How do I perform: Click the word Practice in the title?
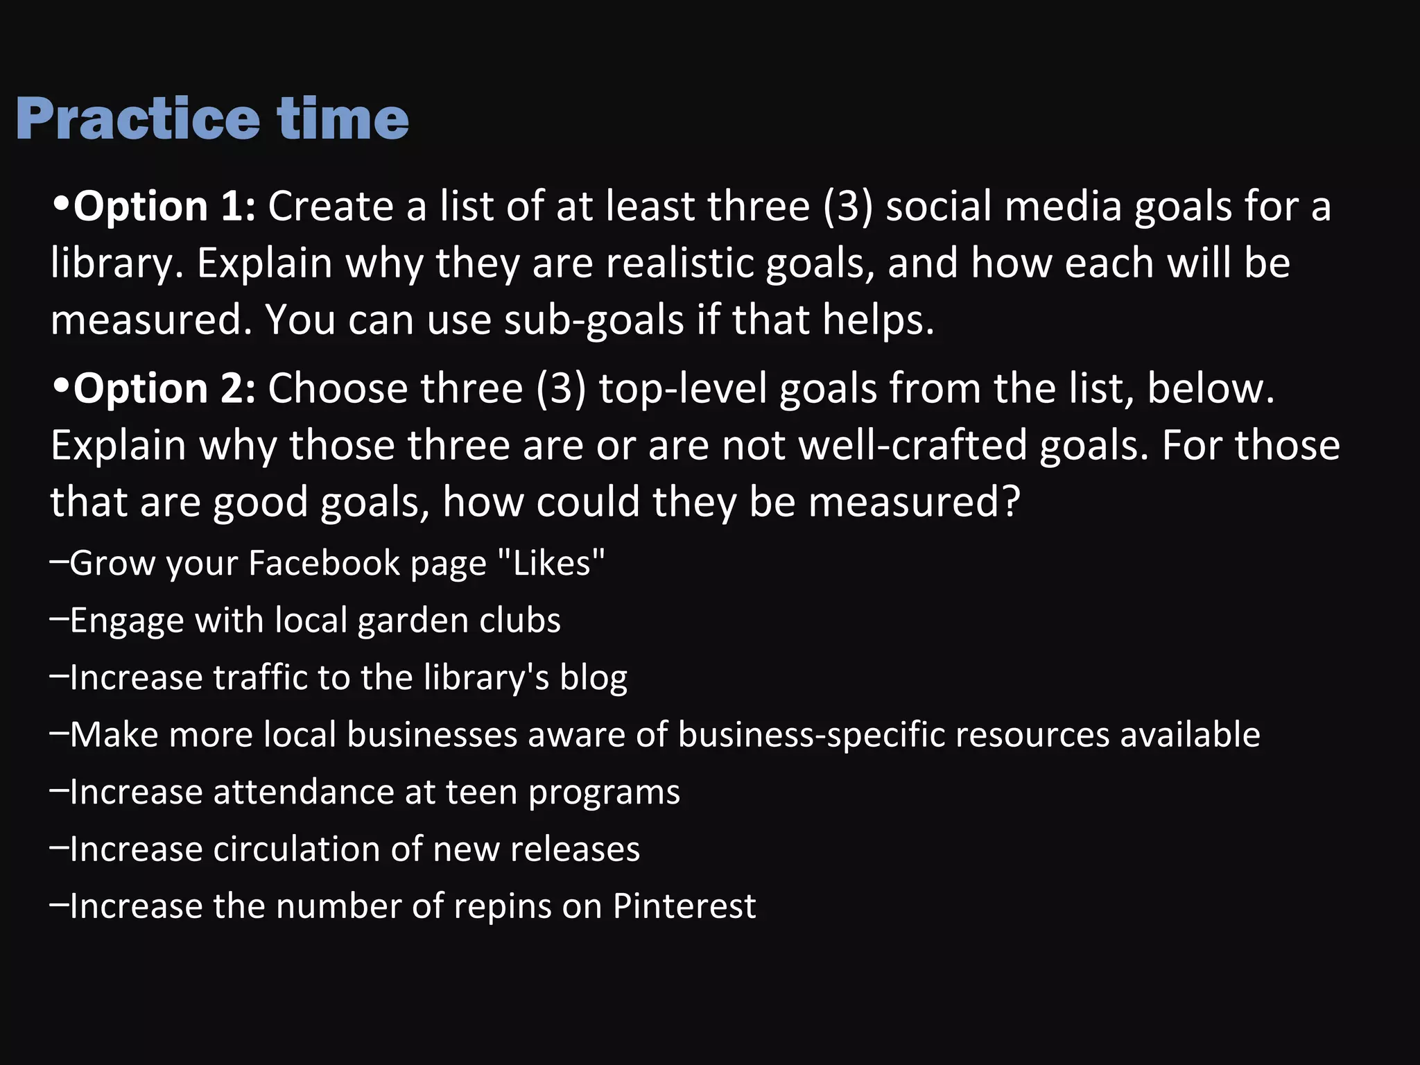pos(137,119)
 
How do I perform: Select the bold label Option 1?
pos(165,207)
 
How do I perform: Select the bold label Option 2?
pos(165,388)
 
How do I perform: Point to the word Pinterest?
pos(684,906)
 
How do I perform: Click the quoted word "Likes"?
pos(552,562)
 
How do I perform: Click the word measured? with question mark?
pos(915,502)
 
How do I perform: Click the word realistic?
pos(679,263)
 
